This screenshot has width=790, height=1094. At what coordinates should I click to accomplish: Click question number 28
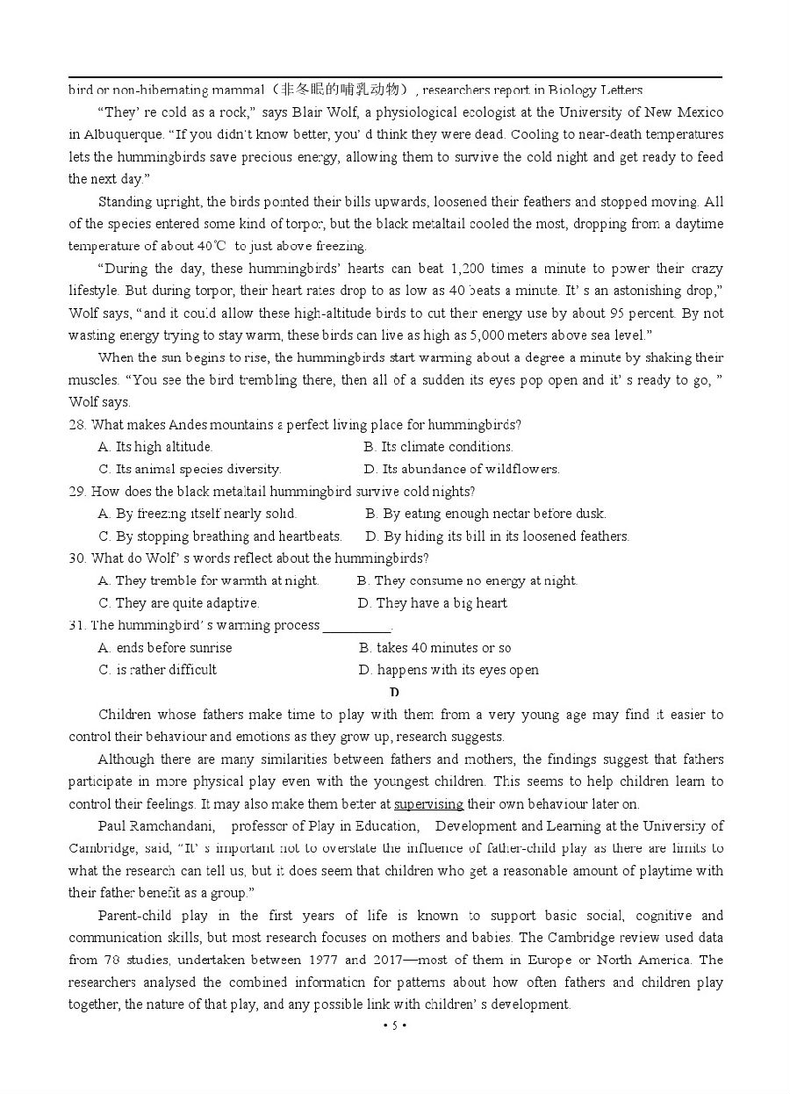(77, 425)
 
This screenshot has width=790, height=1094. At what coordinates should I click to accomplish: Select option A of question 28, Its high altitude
(154, 447)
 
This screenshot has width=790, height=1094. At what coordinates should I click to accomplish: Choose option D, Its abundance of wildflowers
(462, 469)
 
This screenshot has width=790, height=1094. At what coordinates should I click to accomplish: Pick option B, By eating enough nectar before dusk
(485, 514)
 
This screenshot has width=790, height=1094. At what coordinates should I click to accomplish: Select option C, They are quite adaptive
(179, 603)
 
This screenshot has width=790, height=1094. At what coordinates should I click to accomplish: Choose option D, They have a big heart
(432, 603)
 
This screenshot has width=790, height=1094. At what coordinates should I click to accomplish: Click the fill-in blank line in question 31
(356, 627)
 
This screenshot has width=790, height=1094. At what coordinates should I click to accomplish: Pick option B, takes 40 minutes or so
(434, 648)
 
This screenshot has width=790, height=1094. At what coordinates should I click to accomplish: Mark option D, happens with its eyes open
(449, 670)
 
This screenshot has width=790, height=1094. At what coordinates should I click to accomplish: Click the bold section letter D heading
(395, 693)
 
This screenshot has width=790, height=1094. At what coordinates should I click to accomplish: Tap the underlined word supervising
(429, 804)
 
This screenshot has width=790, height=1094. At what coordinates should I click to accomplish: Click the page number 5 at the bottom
(395, 1026)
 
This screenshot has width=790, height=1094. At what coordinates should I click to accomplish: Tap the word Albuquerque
(118, 134)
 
